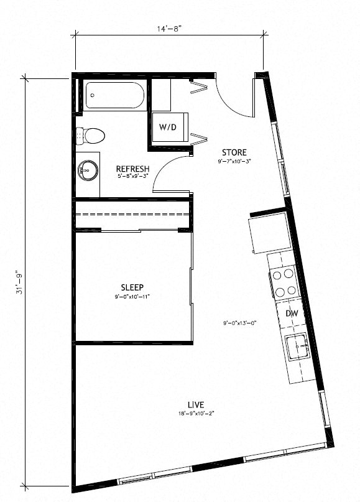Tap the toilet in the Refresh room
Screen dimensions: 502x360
(90, 134)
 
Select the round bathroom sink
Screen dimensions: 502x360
(89, 169)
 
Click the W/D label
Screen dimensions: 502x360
(167, 127)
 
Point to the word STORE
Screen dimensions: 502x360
(234, 152)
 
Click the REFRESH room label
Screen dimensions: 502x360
(132, 169)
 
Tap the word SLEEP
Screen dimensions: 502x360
(132, 287)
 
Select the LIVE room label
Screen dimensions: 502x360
(196, 404)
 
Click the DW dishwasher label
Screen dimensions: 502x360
(292, 314)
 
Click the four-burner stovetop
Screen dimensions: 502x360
(284, 281)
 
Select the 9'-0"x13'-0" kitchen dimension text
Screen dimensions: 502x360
(239, 323)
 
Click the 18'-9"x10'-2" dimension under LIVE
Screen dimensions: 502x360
(196, 414)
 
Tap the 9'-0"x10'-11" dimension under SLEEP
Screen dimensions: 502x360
(132, 297)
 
